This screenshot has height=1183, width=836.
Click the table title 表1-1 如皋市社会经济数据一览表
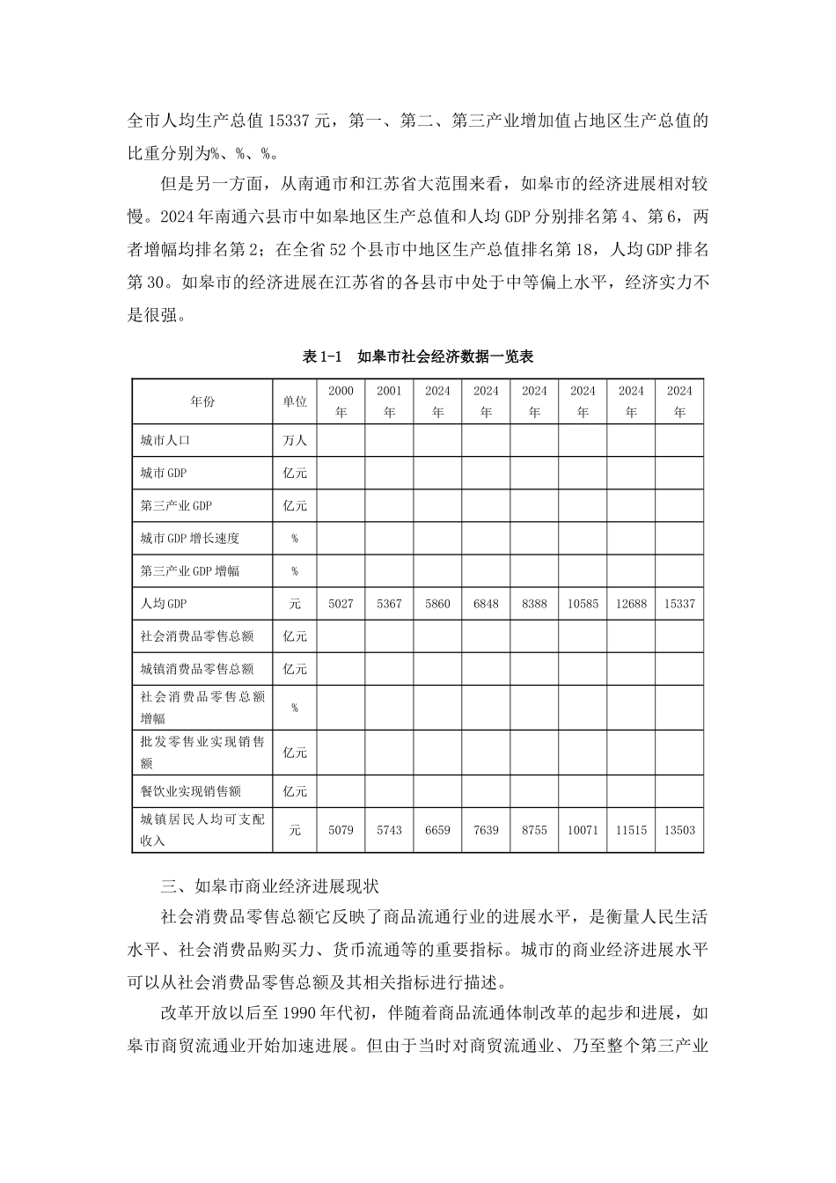coord(418,356)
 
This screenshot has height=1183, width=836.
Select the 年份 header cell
coord(202,401)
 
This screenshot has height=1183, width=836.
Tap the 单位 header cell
coord(295,401)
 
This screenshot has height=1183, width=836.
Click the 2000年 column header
coord(341,401)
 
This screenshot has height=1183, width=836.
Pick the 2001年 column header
coord(389,401)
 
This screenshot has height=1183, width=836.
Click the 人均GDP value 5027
coord(341,604)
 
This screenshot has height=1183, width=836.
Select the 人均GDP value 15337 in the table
coord(679,604)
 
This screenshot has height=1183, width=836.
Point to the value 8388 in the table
coord(534,604)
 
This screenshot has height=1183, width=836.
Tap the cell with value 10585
coord(583,604)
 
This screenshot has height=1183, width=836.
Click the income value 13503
coord(679,830)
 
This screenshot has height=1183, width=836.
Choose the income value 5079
coord(341,830)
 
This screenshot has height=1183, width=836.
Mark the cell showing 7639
coord(486,830)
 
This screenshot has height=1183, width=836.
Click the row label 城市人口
coord(165,440)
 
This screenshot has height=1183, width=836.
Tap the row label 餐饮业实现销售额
coord(191,791)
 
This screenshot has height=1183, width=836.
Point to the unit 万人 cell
coord(295,440)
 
